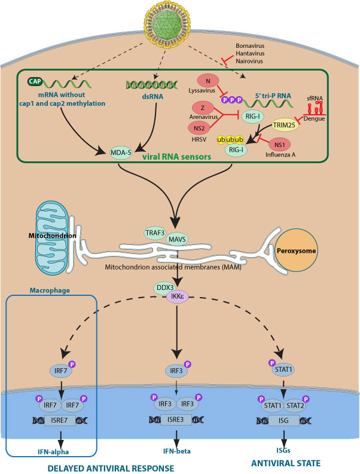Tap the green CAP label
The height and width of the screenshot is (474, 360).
36,81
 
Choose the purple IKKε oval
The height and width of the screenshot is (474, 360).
179,295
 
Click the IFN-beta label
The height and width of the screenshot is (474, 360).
179,449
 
